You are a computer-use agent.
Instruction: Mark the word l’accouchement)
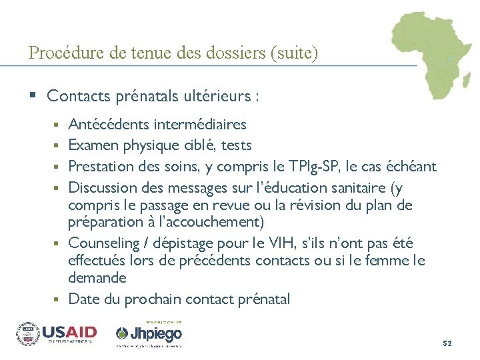(x=205, y=221)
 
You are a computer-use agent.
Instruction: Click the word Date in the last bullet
(x=83, y=299)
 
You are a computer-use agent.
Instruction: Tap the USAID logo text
(x=69, y=332)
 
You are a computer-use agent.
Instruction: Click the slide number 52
(x=447, y=343)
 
